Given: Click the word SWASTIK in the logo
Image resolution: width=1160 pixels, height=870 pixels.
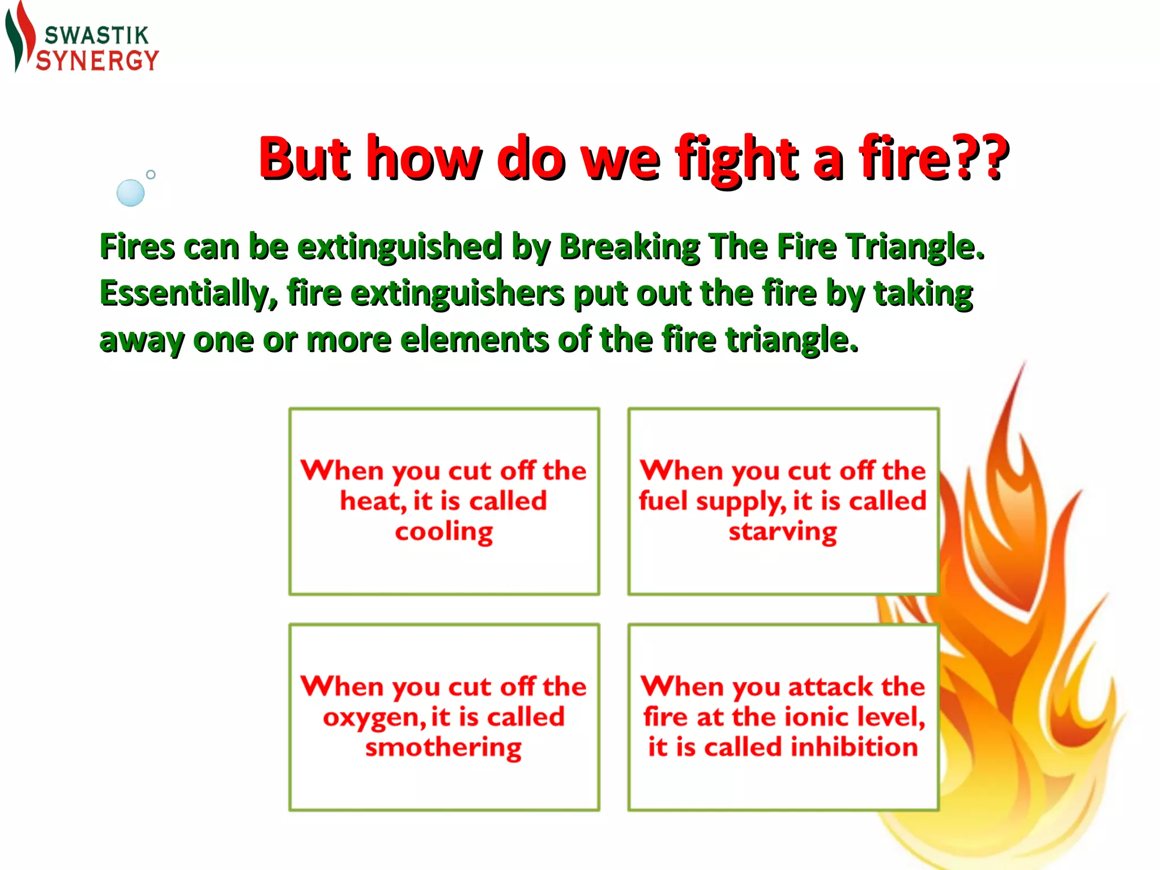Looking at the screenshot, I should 96,36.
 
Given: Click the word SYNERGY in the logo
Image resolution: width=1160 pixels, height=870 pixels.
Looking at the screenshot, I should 97,61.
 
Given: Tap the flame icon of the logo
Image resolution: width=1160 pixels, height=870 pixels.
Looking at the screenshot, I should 20,37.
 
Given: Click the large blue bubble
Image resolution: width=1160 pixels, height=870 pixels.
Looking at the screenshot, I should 130,193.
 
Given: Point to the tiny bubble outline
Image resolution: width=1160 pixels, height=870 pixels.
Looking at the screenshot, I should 151,174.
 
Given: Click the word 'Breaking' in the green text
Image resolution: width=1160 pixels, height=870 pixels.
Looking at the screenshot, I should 630,248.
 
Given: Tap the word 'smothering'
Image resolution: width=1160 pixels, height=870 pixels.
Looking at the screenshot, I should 443,748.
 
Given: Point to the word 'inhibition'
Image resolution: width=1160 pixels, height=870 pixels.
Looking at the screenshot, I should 854,747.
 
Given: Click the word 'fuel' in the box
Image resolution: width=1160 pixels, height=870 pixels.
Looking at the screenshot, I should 663,501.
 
